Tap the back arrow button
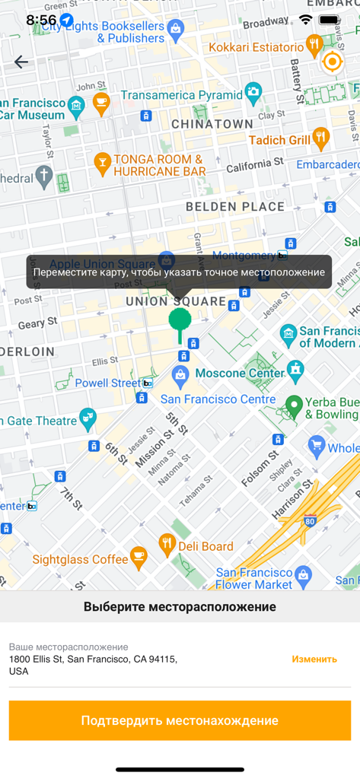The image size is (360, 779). point(21,62)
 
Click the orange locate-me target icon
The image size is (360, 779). point(333,62)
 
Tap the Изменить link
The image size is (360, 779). point(314,659)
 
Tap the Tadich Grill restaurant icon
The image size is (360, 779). point(320,138)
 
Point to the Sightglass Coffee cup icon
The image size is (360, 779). point(138,558)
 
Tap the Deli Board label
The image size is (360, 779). point(205,545)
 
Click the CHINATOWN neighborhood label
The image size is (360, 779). point(212,123)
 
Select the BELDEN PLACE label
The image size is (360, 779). point(235,206)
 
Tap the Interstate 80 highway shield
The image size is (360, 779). point(309,522)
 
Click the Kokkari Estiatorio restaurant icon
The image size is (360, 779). point(314,46)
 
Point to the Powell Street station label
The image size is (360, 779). point(108,383)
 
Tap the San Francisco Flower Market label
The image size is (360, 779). point(254,578)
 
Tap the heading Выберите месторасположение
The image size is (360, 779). point(180,607)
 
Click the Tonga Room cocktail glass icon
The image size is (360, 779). point(101,161)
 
